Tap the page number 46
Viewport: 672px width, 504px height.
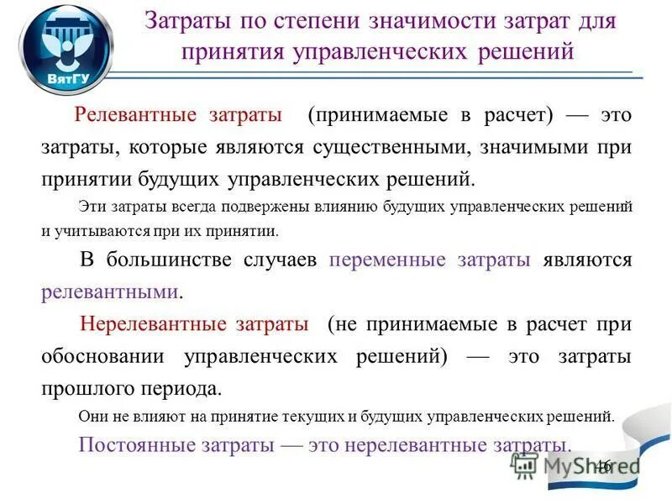(604, 466)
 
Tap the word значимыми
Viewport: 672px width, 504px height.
(541, 147)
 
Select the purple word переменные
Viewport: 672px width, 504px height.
(387, 260)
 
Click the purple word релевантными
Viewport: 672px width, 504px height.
(110, 292)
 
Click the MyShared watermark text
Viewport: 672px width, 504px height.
(571, 465)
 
